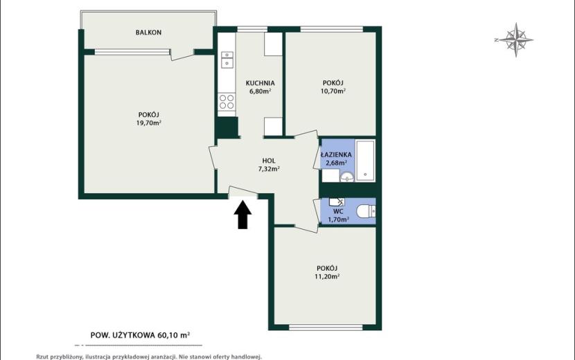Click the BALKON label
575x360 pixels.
coord(148,33)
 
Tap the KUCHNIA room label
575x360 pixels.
coord(260,83)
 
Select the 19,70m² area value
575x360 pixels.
coord(149,123)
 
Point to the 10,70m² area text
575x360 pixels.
coord(333,91)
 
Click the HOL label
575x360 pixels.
coord(269,161)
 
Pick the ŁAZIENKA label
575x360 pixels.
coord(336,154)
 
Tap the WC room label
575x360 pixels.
coord(338,212)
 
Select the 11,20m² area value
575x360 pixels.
coord(327,276)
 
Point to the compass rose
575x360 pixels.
coord(515,40)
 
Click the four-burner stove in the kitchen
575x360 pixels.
coord(227,102)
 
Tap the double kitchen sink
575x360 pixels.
coord(227,60)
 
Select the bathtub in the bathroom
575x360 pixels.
coord(365,161)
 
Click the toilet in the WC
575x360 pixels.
coord(366,211)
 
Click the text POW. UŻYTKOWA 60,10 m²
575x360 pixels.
coord(140,334)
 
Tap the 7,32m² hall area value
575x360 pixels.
coord(269,169)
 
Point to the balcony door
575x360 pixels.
coord(182,55)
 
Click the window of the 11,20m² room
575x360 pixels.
coord(326,327)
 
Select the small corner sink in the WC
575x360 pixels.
coord(336,201)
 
